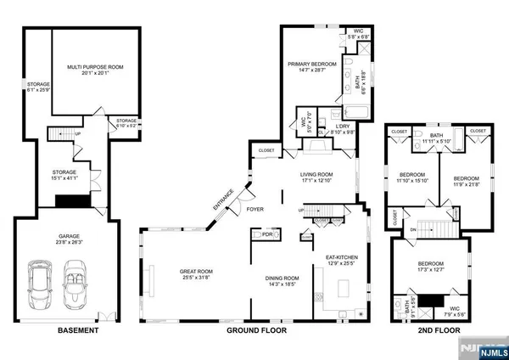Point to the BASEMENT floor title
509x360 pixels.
77,330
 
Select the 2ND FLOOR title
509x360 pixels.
440,330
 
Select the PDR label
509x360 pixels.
268,233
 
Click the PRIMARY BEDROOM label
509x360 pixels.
312,64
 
